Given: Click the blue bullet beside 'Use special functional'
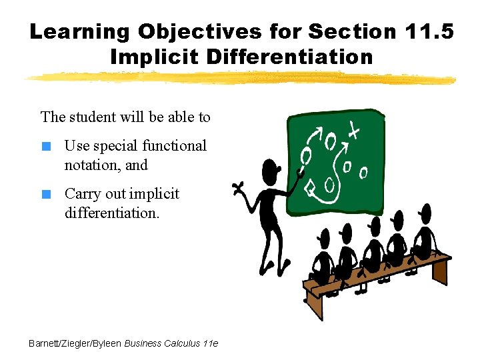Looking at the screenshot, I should [46, 147].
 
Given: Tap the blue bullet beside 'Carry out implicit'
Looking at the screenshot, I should [46, 195].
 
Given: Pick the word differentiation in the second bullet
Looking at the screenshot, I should [111, 213].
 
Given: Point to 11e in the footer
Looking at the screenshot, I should [209, 343].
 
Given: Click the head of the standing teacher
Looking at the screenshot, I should [270, 171].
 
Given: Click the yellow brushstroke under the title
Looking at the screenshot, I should [240, 79].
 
